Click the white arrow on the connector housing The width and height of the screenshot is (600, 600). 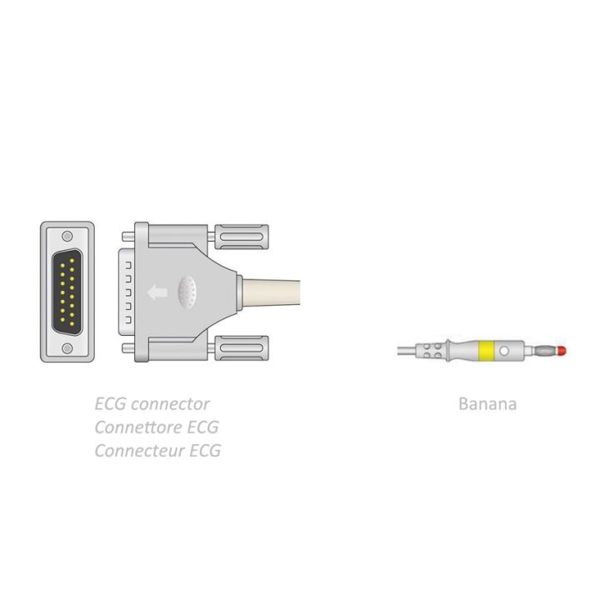tap(157, 292)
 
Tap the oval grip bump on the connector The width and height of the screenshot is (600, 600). tap(187, 292)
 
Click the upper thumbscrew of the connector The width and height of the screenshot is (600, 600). tap(242, 237)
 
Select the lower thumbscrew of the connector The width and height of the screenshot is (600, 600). tap(242, 347)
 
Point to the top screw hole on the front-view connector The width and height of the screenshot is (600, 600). tap(67, 236)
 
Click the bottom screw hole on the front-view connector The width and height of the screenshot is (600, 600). tap(67, 348)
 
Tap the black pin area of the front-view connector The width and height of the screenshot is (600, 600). tap(67, 292)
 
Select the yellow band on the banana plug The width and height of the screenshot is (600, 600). tap(486, 351)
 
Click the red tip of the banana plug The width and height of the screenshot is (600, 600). tap(562, 350)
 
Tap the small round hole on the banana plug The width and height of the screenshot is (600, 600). tap(504, 351)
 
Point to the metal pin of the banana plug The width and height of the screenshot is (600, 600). tap(546, 350)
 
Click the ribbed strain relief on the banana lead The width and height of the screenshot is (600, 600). tap(431, 351)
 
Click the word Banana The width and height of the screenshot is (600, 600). tap(487, 404)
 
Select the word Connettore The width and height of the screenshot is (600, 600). tap(138, 427)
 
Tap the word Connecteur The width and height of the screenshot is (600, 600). tap(140, 451)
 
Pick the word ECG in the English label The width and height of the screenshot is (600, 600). tap(110, 404)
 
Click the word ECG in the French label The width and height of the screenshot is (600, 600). tap(205, 451)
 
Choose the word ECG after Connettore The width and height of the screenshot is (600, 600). tap(202, 427)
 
